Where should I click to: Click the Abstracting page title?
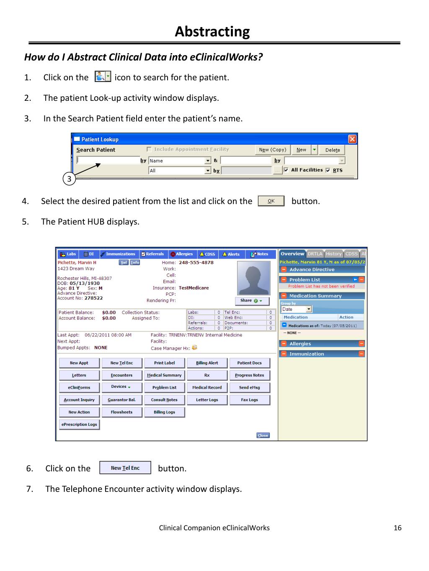(x=212, y=31)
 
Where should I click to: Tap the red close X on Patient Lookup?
(x=352, y=139)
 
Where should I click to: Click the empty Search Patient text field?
(x=108, y=160)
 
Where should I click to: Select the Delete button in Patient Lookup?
(x=333, y=150)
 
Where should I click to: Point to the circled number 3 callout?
(x=70, y=179)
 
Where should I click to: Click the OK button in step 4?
(x=271, y=201)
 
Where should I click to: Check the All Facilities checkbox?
(x=286, y=170)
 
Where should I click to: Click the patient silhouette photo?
(x=253, y=278)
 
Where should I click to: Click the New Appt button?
(x=79, y=363)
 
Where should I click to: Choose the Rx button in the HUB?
(x=207, y=375)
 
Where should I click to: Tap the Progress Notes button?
(x=249, y=375)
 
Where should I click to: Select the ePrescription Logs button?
(x=79, y=425)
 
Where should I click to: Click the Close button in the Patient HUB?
(x=263, y=435)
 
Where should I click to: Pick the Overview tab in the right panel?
(x=292, y=254)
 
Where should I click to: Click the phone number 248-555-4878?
(x=196, y=263)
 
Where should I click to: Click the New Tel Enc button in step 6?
(x=125, y=468)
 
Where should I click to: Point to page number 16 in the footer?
(x=398, y=528)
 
